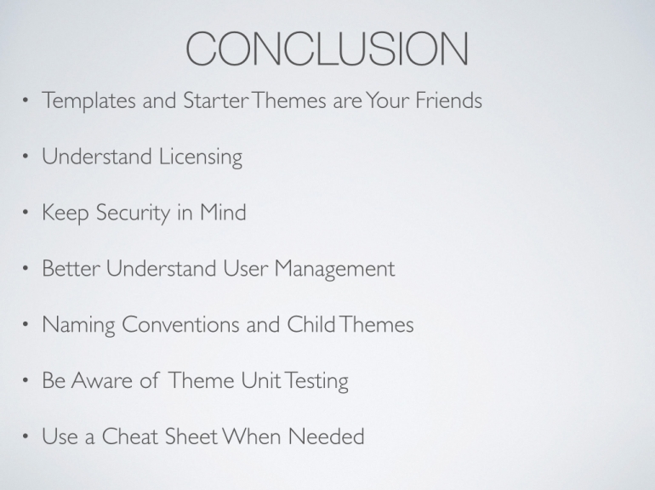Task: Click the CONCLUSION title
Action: point(327,48)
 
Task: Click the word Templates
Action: point(89,101)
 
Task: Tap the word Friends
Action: point(448,100)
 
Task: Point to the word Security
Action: point(133,214)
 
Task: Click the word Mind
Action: point(223,212)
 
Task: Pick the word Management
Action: point(334,270)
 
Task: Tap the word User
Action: point(245,268)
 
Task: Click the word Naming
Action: point(78,326)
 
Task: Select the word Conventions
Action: point(180,324)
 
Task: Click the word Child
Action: point(311,324)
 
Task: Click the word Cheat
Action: point(130,436)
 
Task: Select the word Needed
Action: point(327,436)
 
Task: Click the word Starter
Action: point(216,100)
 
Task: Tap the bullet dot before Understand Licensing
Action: point(26,157)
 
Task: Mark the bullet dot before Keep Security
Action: point(26,213)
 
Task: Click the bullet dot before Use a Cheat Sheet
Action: point(26,436)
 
